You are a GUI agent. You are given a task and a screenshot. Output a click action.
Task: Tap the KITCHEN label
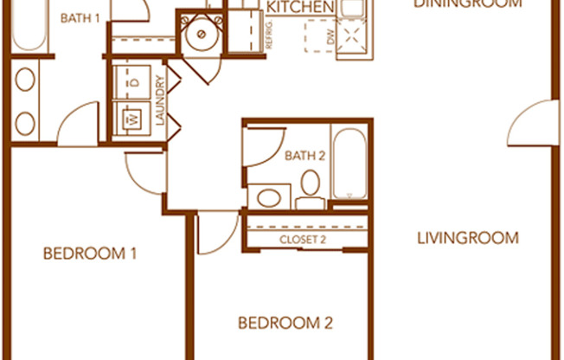coord(300,8)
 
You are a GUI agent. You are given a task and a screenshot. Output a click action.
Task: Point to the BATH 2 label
coord(304,156)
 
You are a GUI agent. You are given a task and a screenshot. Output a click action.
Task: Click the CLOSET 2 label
coord(303,240)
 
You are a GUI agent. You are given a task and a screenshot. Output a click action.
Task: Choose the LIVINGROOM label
coord(468,238)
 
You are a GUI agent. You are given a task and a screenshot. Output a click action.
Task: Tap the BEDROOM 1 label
coord(91,254)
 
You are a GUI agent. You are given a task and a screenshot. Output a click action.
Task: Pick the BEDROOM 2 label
coord(285,324)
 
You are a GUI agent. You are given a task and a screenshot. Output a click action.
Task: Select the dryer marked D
coord(133,82)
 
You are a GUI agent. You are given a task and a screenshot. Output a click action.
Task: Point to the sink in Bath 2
coord(269,196)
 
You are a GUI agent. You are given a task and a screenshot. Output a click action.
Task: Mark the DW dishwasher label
coord(330,37)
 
